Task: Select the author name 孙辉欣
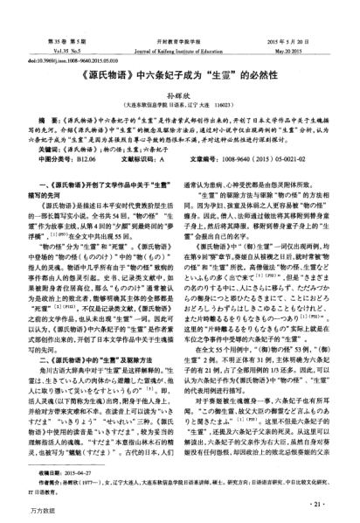tap(180, 92)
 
